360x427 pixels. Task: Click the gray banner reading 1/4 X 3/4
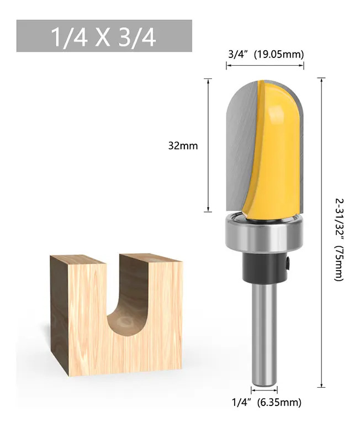click(x=104, y=36)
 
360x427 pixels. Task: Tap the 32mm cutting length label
click(x=183, y=146)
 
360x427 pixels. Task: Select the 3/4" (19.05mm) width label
click(x=266, y=55)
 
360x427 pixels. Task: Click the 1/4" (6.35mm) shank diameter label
click(x=266, y=402)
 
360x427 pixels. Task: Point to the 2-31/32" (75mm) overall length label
click(x=340, y=240)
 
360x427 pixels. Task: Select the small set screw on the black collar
click(x=288, y=263)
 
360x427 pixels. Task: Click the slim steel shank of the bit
click(x=264, y=334)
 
